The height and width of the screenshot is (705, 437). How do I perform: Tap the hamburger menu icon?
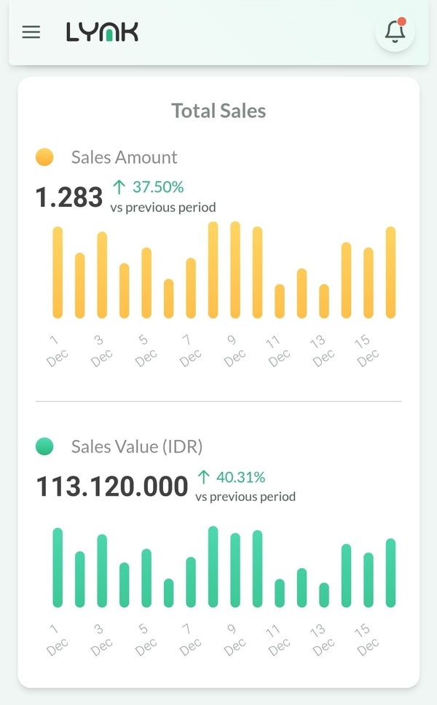coord(31,32)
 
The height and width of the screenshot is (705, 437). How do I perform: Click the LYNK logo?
coord(102,32)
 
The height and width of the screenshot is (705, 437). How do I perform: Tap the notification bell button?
coord(395,32)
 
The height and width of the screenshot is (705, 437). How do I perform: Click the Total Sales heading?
coord(219,111)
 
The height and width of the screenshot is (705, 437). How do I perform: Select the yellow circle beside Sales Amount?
coord(44,157)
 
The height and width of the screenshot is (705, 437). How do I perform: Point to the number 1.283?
coord(69,197)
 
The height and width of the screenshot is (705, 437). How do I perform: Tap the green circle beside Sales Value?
coord(44,446)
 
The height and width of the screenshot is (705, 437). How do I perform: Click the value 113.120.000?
coord(112,487)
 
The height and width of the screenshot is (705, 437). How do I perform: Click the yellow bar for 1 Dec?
coord(58,272)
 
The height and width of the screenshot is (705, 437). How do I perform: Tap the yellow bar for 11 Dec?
coord(280,301)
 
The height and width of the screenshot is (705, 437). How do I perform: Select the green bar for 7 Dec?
coord(191,582)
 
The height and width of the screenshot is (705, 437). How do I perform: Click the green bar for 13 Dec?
coord(324,595)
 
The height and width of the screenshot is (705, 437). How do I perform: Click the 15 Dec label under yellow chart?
coord(366,349)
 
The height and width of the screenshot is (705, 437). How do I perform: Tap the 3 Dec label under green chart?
coord(100,637)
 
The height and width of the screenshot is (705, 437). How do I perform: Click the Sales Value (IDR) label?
coord(137,446)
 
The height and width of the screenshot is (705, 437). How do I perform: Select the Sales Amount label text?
coord(124,157)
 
